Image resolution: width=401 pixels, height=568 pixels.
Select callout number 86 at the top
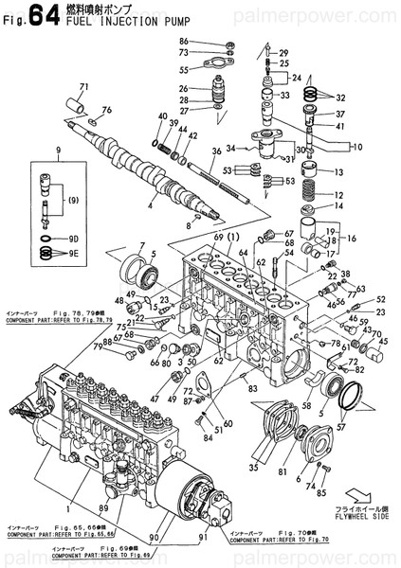184,41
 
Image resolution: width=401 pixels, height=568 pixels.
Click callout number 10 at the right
356,147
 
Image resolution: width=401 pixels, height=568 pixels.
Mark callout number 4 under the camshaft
150,205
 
